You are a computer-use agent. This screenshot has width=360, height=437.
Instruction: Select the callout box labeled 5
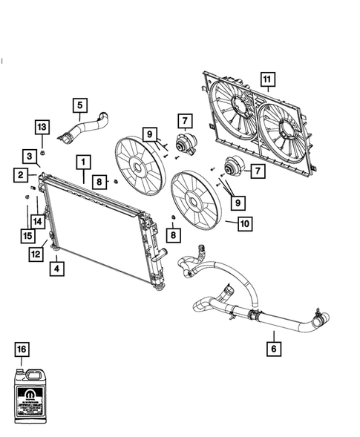pyautogui.click(x=80, y=105)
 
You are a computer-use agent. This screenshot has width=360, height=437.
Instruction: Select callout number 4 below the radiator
pyautogui.click(x=56, y=269)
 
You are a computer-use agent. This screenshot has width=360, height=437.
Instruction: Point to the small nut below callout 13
pyautogui.click(x=43, y=153)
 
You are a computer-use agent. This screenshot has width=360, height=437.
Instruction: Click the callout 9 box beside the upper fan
pyautogui.click(x=151, y=134)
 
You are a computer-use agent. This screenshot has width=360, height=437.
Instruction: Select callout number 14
pyautogui.click(x=37, y=221)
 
